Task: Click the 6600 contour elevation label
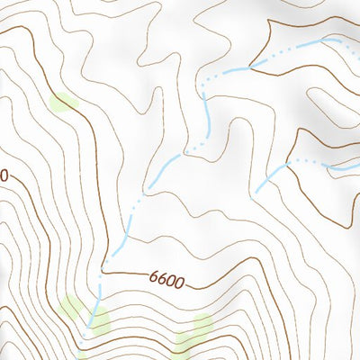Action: coord(168,282)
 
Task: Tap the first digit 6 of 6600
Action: coord(155,280)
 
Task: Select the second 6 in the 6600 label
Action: coord(164,281)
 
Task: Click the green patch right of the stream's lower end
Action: coord(97,318)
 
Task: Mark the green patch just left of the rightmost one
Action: coord(184,341)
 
